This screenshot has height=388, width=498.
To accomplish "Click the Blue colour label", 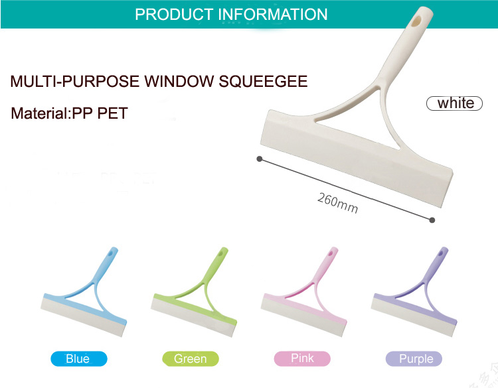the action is point(79,359).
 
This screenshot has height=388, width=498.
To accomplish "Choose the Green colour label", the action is point(191,359).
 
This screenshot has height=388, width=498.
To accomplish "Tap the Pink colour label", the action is point(302,359).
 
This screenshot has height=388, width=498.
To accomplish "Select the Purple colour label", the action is point(414,359).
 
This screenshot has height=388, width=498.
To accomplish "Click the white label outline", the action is point(426,103).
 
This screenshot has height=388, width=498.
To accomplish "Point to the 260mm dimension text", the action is point(337,203).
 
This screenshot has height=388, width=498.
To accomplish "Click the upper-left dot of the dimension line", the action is point(260,159).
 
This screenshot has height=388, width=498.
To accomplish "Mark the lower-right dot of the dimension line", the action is point(432,220).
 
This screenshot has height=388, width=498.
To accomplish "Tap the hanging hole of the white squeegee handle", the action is point(416,21).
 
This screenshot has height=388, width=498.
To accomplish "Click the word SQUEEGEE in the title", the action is point(263,81).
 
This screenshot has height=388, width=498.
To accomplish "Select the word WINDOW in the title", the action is point(179,81).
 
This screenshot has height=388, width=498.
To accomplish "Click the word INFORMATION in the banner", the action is point(273,15).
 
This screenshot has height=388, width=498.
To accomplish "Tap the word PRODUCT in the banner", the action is point(174,15).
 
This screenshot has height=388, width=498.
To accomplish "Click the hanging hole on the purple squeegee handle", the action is point(442,253).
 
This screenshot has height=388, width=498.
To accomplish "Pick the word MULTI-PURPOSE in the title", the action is point(74,81).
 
